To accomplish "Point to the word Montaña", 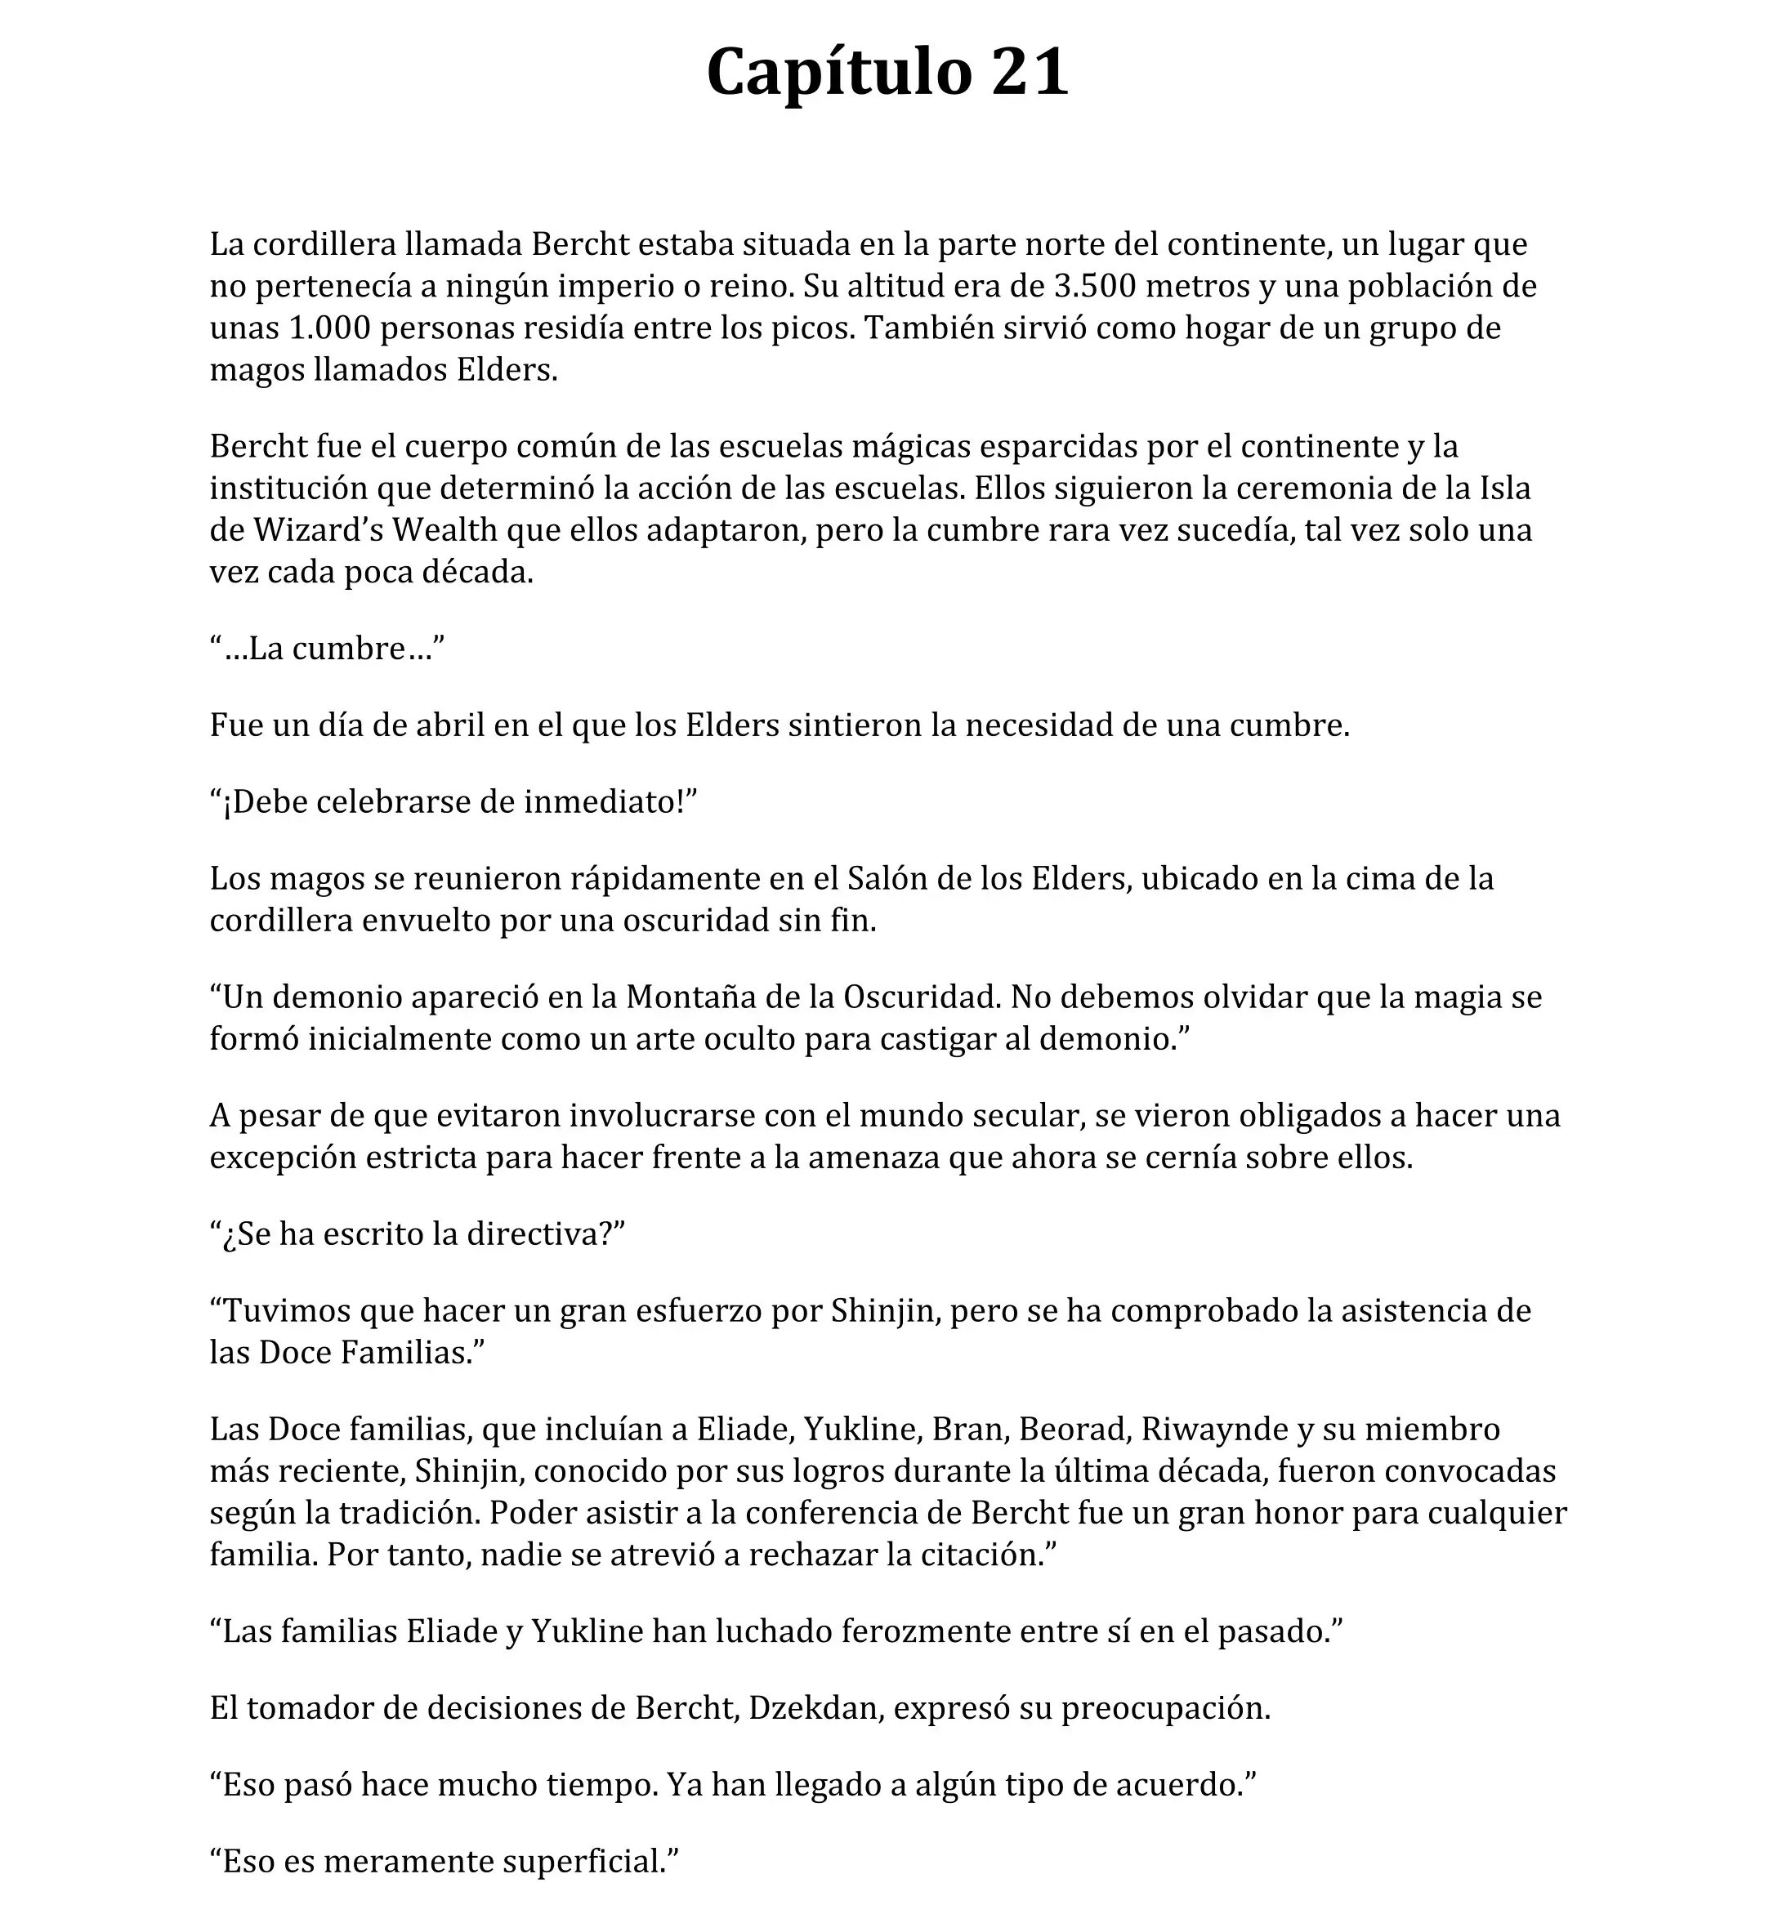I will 683,997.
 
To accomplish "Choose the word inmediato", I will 603,802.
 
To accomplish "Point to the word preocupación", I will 1165,1708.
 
